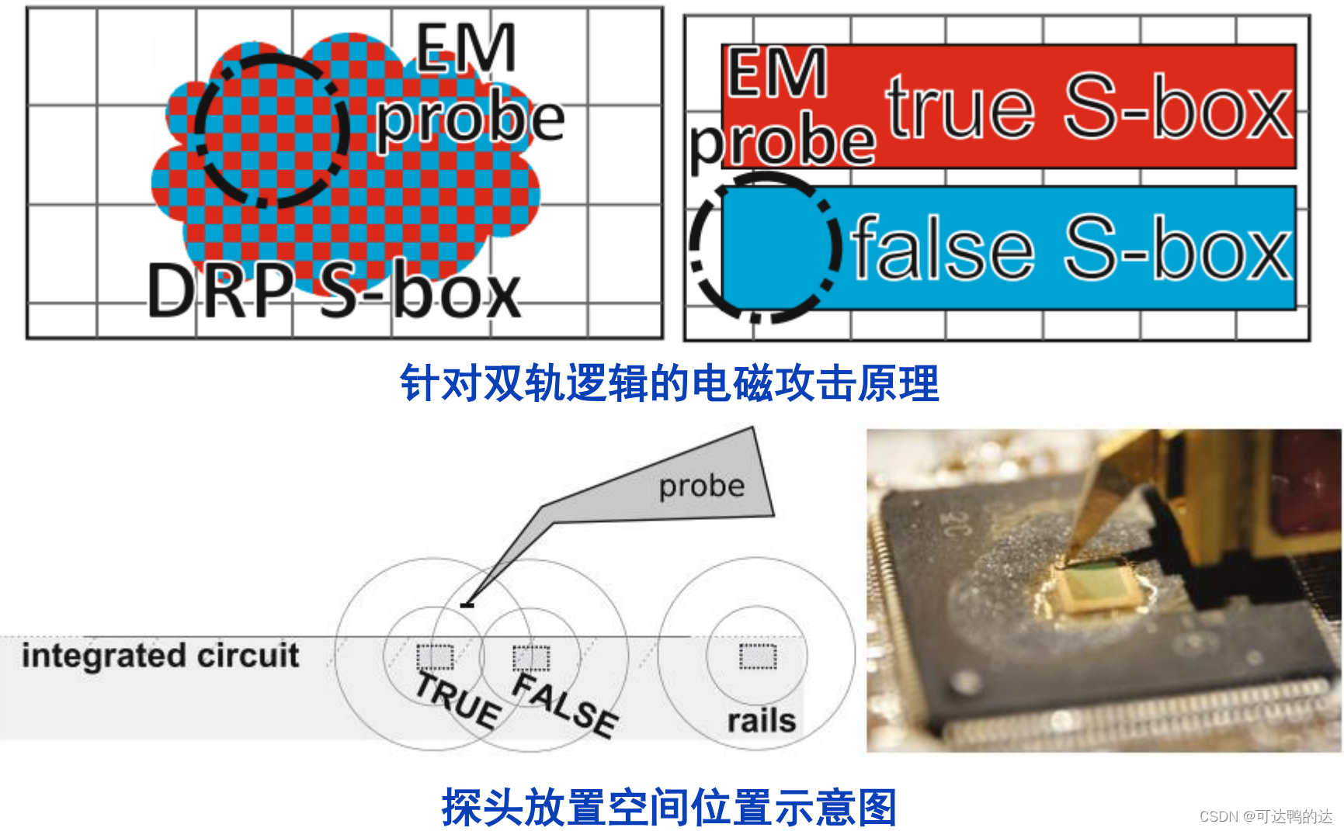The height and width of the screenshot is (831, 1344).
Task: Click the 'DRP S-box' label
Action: [334, 292]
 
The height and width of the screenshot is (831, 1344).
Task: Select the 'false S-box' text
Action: [1071, 248]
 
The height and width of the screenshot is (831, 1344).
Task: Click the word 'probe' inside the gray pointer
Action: [701, 486]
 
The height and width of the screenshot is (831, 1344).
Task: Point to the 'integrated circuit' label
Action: [160, 656]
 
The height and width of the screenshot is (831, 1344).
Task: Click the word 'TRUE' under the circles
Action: [457, 701]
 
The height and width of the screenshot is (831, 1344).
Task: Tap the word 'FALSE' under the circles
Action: [565, 705]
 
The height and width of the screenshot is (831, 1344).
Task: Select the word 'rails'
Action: [761, 721]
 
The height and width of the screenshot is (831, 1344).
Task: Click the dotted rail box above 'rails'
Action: [758, 656]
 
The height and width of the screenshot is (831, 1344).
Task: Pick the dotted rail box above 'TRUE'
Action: [435, 657]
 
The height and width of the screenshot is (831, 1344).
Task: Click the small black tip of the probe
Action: [467, 605]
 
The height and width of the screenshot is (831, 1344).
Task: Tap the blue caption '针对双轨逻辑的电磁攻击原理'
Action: [669, 383]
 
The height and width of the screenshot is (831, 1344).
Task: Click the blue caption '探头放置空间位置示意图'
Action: [669, 807]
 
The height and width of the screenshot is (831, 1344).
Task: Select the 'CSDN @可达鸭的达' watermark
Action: [1266, 816]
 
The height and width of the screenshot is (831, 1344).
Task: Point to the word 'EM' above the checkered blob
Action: [465, 48]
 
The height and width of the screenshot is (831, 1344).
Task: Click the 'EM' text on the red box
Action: [776, 72]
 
